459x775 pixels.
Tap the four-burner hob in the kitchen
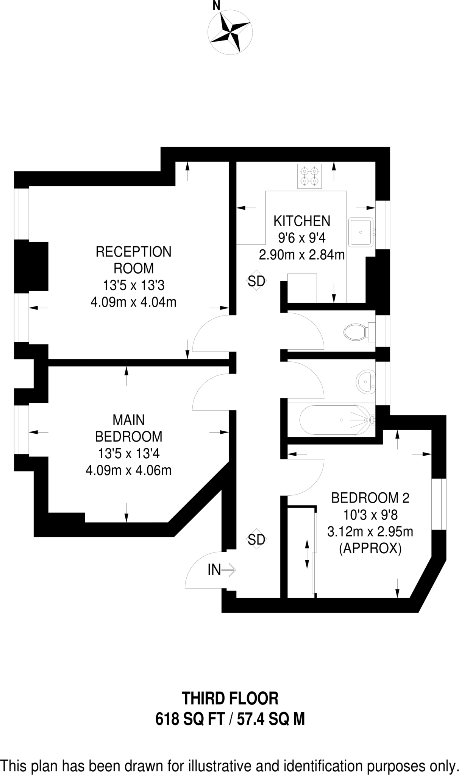click(x=309, y=176)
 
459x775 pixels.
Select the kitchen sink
click(x=361, y=232)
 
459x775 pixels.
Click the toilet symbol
click(x=356, y=332)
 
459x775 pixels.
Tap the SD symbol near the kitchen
click(x=256, y=281)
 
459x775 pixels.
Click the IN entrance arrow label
click(x=221, y=570)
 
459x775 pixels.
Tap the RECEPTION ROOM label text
click(x=133, y=260)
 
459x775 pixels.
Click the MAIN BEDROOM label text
click(x=128, y=428)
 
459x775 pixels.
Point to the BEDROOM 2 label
click(x=370, y=498)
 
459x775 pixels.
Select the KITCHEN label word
click(x=302, y=221)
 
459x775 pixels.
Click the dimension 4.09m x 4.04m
click(x=133, y=302)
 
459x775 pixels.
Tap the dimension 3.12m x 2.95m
click(x=370, y=532)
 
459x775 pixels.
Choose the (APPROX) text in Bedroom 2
click(x=370, y=548)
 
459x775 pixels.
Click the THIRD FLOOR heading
click(x=230, y=698)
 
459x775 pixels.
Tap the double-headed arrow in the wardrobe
click(x=307, y=554)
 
